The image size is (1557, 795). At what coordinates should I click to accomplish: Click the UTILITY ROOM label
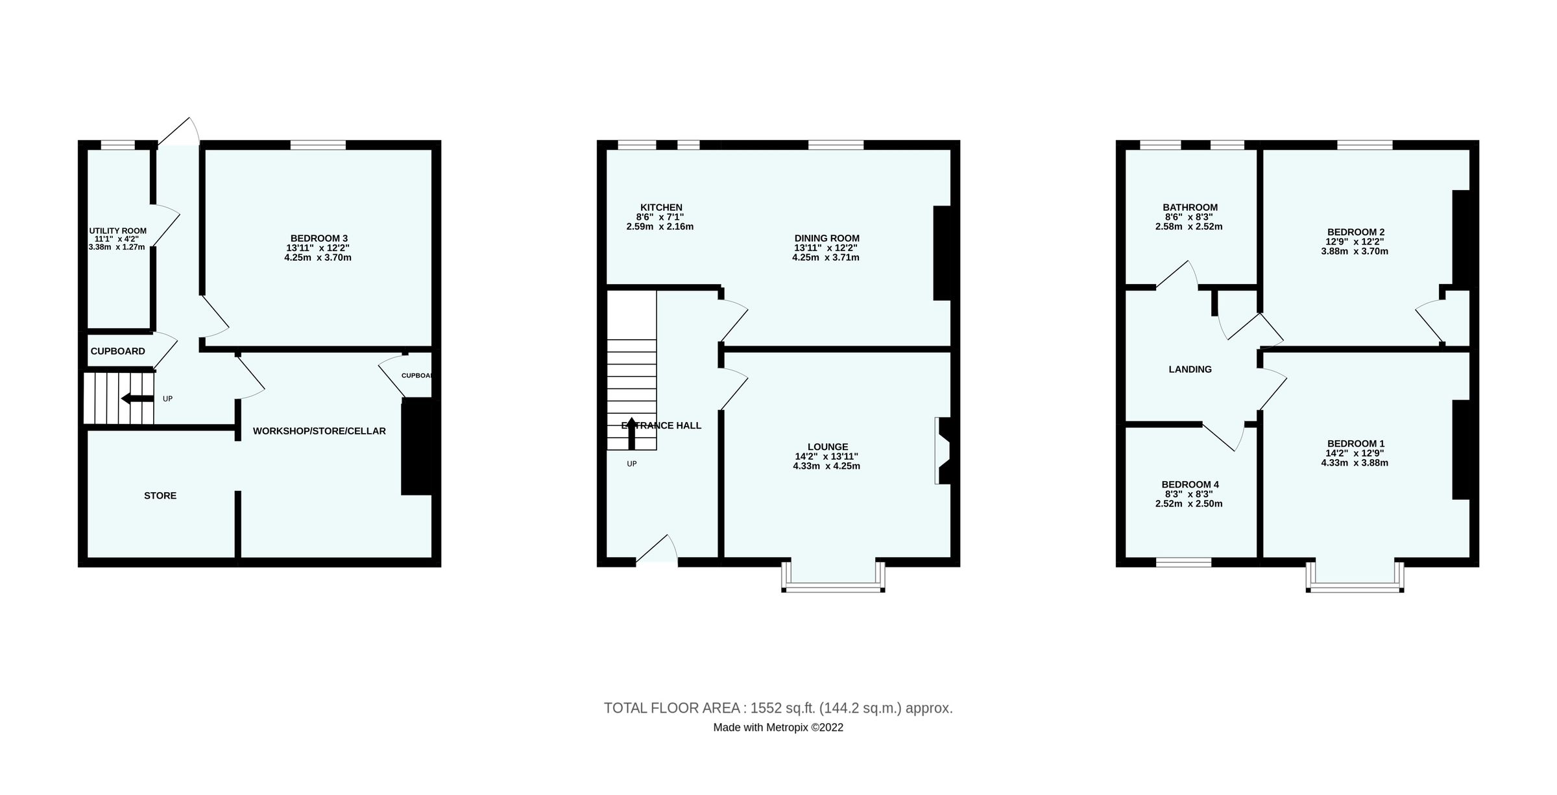click(117, 231)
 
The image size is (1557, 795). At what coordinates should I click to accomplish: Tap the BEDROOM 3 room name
click(319, 239)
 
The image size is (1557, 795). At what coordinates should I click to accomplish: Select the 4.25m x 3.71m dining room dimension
click(825, 257)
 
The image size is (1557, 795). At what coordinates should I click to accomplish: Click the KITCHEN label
click(661, 208)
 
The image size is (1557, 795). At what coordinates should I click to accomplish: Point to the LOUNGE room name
click(827, 447)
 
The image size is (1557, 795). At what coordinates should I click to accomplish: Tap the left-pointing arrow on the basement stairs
click(136, 398)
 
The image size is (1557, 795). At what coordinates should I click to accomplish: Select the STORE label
click(160, 495)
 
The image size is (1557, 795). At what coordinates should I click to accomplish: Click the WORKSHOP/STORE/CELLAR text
click(319, 431)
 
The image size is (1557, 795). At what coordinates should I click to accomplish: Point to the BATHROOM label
click(1190, 208)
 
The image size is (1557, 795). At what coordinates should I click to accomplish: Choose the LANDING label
click(1190, 370)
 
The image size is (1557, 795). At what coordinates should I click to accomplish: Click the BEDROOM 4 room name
click(1190, 484)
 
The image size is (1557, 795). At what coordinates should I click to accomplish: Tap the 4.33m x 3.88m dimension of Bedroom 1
click(1355, 463)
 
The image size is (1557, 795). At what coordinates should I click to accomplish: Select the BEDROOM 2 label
click(1355, 232)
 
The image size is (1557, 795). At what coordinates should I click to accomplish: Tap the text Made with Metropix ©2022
click(778, 728)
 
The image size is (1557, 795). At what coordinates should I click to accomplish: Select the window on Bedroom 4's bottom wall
click(1183, 562)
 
